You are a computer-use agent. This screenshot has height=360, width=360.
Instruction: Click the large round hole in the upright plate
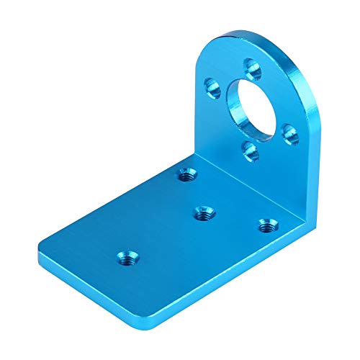(252, 106)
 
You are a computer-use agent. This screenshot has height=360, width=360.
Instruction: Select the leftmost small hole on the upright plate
(213, 89)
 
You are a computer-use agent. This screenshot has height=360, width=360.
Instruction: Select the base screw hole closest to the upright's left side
(186, 174)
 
